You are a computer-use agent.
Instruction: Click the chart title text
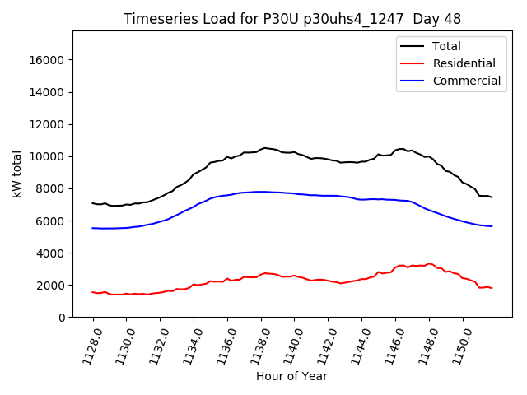(292, 19)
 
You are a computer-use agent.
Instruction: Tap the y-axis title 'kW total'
(16, 174)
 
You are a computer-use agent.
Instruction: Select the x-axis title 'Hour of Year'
(291, 376)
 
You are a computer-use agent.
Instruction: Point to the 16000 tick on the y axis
(47, 60)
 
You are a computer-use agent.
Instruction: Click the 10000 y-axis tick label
(47, 156)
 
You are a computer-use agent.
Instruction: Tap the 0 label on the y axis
(62, 318)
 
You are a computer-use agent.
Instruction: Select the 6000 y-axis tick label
(50, 221)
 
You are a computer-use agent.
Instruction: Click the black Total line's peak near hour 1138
(265, 148)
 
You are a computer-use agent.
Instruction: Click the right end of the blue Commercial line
(492, 226)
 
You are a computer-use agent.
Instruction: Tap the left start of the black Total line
(93, 203)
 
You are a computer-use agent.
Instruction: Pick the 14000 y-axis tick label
(47, 92)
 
